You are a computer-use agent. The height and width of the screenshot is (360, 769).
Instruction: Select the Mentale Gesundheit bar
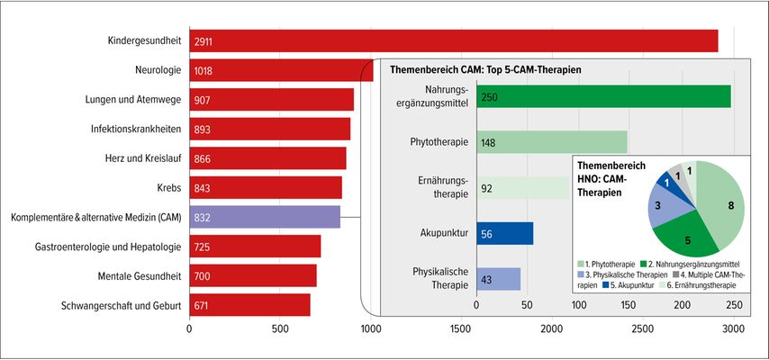(252, 275)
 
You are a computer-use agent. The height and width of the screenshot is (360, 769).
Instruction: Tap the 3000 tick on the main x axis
(734, 329)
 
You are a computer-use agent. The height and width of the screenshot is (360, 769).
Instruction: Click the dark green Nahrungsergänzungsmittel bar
(603, 96)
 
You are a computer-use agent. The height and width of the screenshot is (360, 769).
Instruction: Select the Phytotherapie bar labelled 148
(551, 141)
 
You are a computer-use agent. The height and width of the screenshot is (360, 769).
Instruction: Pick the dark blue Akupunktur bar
(504, 233)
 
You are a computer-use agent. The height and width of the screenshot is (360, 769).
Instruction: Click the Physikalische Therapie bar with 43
(498, 279)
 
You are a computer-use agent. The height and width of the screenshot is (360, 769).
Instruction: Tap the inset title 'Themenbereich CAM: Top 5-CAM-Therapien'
(485, 69)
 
